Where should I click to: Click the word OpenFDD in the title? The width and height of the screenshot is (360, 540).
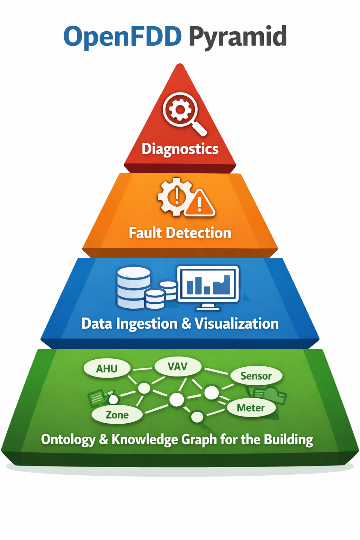coord(122,37)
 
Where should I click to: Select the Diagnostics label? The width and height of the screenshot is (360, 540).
coord(180,149)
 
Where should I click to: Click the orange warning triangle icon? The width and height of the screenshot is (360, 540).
coord(199,204)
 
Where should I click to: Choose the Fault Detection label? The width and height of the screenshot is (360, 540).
coord(180,233)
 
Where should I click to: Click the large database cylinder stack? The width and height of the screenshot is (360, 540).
coord(134,287)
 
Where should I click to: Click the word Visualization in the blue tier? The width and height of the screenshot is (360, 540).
coord(237,324)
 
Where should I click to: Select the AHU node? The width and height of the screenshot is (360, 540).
coord(107,368)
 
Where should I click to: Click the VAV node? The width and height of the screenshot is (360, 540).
coord(178,367)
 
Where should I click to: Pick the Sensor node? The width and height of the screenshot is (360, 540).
coord(256,376)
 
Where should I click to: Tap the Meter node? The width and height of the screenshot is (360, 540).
coord(251,408)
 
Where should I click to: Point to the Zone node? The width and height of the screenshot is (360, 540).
coord(117,415)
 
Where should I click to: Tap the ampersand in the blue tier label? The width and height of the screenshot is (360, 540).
coord(186,324)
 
